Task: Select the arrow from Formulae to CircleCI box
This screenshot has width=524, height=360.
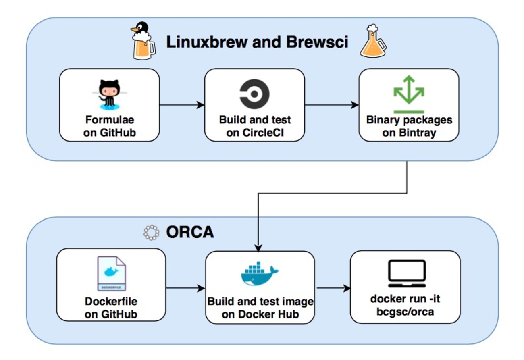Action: [182, 105]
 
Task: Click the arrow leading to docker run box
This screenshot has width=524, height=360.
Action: [333, 288]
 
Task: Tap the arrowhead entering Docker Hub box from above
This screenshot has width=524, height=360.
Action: [258, 247]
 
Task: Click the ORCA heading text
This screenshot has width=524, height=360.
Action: [189, 233]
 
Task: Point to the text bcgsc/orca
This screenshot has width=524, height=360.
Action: [405, 312]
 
